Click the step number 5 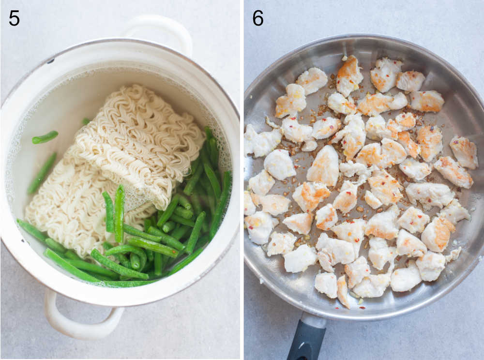point(14,18)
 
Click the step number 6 point(258,18)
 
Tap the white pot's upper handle point(160,30)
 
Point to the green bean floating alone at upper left point(45,137)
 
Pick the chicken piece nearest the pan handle point(343,291)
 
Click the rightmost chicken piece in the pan point(463,152)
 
